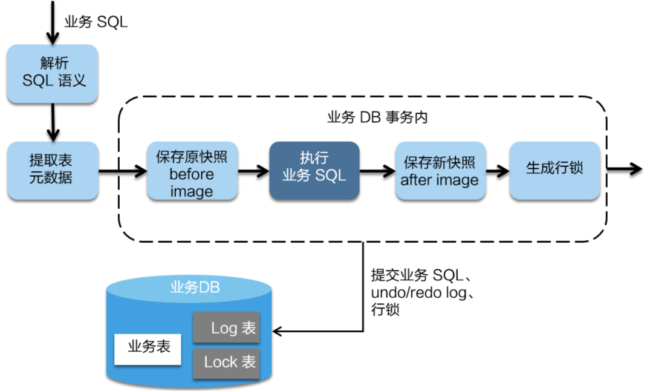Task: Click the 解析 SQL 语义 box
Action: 53,73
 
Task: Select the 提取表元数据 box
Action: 53,170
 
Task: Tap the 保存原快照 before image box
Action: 192,171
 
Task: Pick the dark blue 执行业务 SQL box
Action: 314,170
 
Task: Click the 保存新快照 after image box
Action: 440,171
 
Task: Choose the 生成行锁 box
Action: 554,171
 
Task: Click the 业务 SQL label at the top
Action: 96,22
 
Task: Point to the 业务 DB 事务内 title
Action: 377,117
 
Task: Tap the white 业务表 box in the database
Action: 148,349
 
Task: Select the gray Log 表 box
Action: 227,327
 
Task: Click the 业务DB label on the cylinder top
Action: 195,287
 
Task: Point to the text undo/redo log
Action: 418,292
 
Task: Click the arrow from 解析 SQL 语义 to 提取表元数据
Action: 53,122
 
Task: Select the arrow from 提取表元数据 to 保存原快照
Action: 123,171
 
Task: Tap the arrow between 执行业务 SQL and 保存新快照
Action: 377,171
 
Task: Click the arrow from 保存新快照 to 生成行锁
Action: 498,171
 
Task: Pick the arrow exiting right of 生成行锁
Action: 624,169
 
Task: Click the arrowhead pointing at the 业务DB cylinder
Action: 278,332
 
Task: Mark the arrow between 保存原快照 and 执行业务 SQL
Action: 253,171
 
